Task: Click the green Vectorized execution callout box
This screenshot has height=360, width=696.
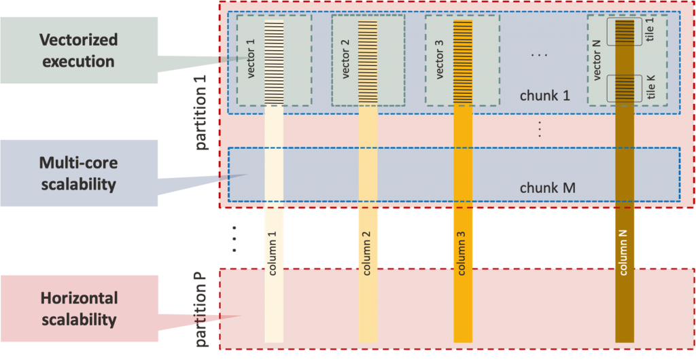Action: coord(79,50)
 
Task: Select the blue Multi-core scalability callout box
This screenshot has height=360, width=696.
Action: coord(79,173)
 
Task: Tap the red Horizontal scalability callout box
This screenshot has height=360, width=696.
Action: coord(79,308)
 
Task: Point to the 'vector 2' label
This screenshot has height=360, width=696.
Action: coord(345,59)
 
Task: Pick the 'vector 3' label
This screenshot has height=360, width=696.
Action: coord(439,59)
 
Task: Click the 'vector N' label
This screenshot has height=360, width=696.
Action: coord(598,60)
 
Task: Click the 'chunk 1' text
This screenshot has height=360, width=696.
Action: coord(544,96)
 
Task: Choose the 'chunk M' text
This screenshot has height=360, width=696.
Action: coord(547,187)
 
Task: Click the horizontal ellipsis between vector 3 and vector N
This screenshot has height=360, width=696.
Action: coord(538,54)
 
